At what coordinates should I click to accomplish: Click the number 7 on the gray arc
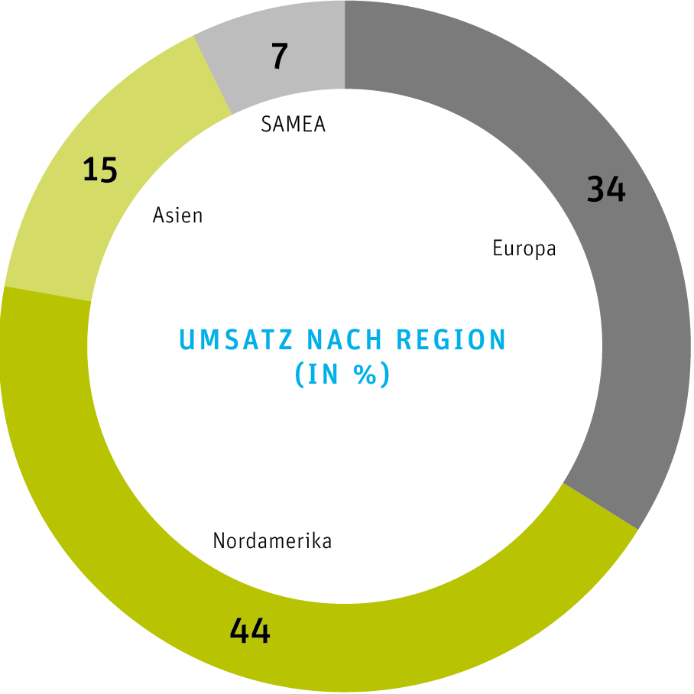tap(280, 57)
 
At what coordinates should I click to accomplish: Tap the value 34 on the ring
tap(606, 189)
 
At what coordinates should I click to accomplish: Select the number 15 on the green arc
tap(100, 170)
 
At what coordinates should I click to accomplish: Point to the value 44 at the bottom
tap(250, 631)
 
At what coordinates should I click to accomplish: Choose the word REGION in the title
tap(452, 339)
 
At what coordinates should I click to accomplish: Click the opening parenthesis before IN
tap(300, 375)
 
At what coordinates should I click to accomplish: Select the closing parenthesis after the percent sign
tap(385, 375)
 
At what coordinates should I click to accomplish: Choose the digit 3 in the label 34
tap(596, 189)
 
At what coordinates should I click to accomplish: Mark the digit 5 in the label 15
tap(109, 170)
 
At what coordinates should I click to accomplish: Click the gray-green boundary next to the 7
tap(213, 75)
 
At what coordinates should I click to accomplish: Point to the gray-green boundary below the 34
tap(601, 506)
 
